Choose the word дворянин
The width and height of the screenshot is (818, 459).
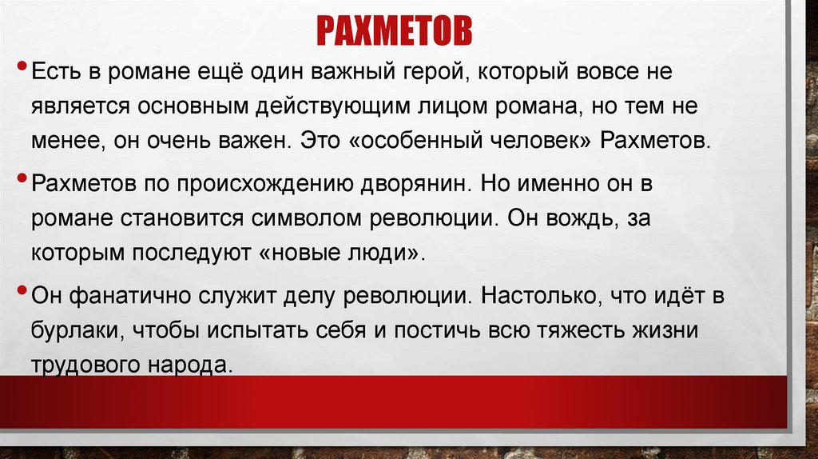pos(413,184)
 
